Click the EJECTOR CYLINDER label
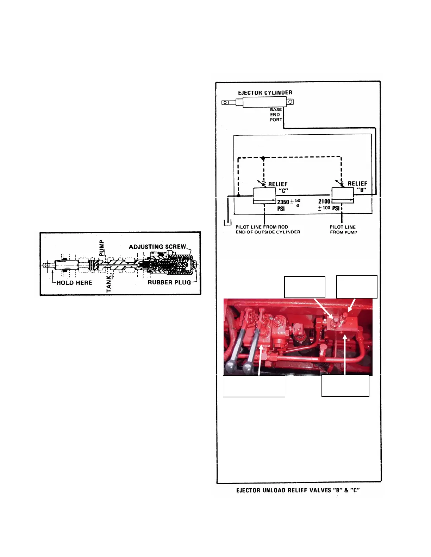click(x=265, y=93)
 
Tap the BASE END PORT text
click(x=276, y=115)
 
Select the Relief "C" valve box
click(x=264, y=196)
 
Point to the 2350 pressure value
click(x=283, y=202)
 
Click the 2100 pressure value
click(x=324, y=201)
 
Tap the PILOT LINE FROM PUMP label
click(x=343, y=230)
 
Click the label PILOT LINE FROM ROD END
click(x=268, y=230)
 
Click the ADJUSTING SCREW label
click(x=157, y=247)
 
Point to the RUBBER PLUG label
click(x=169, y=282)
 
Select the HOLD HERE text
click(x=74, y=283)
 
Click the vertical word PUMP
click(x=101, y=248)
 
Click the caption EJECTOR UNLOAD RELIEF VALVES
click(x=298, y=490)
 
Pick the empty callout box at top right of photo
click(x=357, y=287)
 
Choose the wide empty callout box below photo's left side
click(x=254, y=386)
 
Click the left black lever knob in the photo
click(x=230, y=367)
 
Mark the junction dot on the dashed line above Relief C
click(x=263, y=159)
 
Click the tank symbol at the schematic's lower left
click(x=227, y=222)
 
